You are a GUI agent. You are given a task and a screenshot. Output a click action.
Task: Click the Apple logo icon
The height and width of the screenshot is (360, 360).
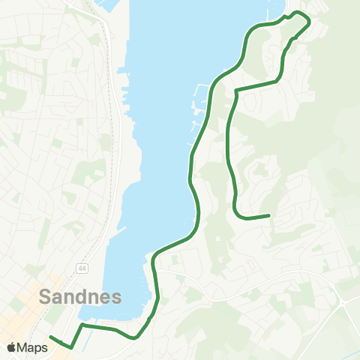(x=12, y=347)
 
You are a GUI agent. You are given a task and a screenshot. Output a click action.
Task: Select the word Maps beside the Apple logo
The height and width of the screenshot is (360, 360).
(x=33, y=347)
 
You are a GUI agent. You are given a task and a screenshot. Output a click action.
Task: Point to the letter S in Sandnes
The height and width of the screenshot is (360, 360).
(x=45, y=296)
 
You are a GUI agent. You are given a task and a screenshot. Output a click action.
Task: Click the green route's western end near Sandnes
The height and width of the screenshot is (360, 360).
(x=50, y=337)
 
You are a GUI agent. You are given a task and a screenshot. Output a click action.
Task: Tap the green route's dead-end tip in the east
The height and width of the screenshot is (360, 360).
(x=268, y=216)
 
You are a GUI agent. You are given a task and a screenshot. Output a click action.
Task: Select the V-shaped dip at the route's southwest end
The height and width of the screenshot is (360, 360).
(x=71, y=347)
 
